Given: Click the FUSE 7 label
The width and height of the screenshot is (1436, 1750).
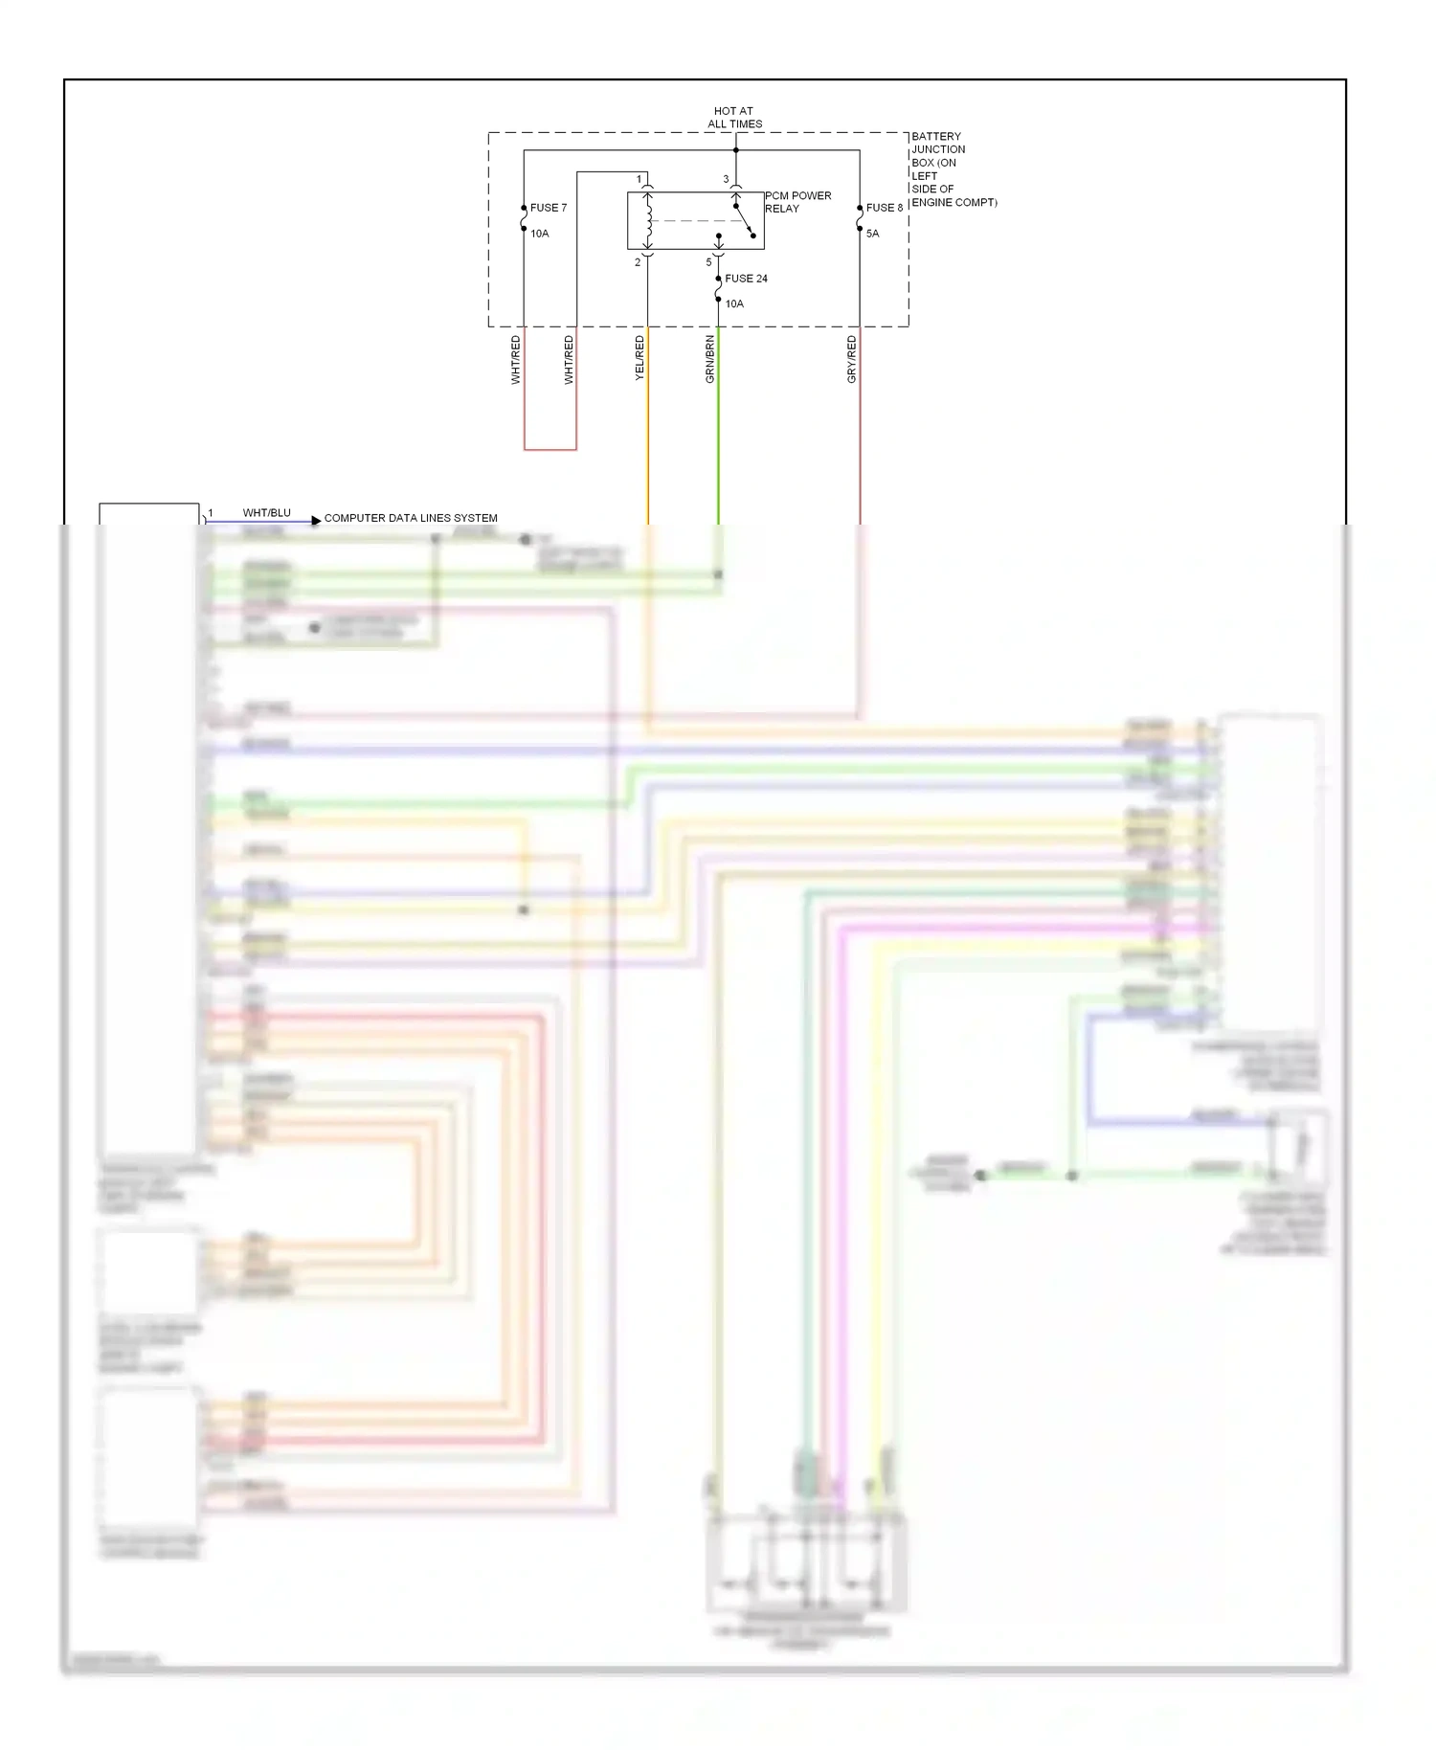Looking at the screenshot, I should (x=548, y=208).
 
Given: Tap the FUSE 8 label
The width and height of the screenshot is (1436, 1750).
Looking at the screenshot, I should (x=884, y=208).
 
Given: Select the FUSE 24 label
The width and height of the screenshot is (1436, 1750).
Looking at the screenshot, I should (x=746, y=279).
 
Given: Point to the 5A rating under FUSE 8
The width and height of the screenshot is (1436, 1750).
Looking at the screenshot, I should (x=872, y=234).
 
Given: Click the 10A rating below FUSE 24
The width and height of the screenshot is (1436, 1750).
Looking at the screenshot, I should (x=734, y=303).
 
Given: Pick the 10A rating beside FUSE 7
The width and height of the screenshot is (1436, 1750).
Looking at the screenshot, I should (x=540, y=234).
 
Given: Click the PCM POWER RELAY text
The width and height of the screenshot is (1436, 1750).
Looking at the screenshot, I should (x=797, y=202).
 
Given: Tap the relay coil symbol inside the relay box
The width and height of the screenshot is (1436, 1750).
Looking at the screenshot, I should (x=648, y=221).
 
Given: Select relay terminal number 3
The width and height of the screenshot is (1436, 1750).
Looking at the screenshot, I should (x=726, y=179).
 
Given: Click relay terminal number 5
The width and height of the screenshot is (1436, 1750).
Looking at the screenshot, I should (x=708, y=262).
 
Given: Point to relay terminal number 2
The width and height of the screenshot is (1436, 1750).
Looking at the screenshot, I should (x=638, y=262).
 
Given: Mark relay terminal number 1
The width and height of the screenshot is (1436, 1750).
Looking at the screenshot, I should (x=639, y=179).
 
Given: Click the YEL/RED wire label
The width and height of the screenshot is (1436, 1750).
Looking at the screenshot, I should (x=639, y=359).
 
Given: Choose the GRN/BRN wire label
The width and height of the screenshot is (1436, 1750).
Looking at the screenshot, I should (x=709, y=359).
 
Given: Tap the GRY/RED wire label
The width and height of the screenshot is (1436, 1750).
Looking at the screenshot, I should (x=851, y=359).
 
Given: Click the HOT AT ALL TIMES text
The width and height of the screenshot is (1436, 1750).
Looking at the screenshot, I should (x=734, y=117).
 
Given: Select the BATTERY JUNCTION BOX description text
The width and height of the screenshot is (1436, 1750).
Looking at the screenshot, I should (x=953, y=169).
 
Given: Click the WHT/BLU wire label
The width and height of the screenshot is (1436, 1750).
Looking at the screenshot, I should (x=266, y=513).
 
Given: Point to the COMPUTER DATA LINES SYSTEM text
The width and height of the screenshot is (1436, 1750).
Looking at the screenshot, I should (x=411, y=518).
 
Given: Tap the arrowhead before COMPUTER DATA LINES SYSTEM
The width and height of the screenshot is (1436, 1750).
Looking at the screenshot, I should (x=316, y=521).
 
